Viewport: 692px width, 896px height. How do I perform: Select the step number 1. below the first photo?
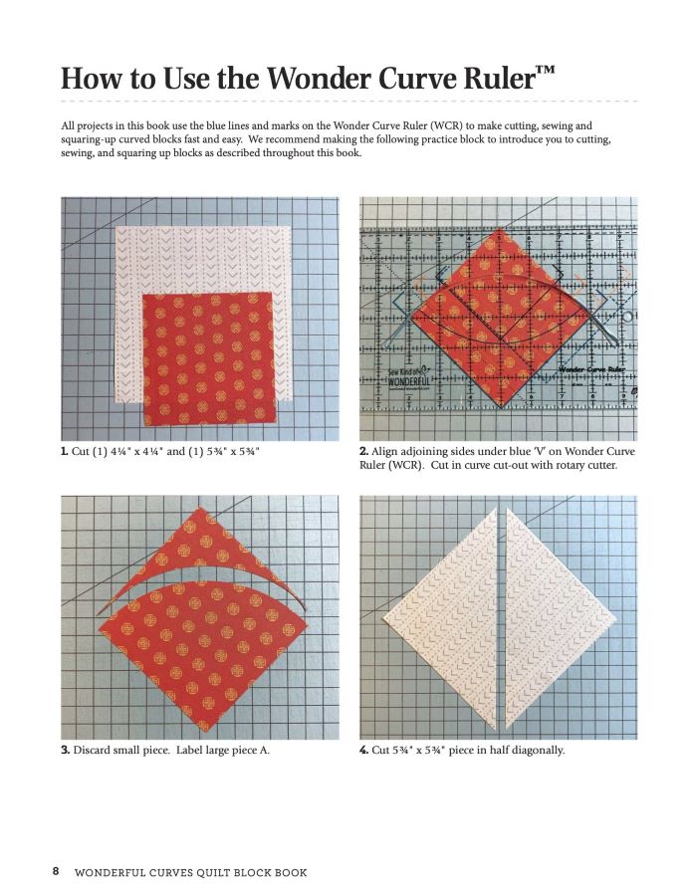coord(65,452)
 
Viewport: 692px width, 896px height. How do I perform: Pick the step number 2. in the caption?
coord(364,452)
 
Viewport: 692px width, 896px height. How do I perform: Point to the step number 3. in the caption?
coord(65,750)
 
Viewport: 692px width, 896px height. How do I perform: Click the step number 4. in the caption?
coord(364,750)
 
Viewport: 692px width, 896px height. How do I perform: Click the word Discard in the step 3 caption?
coord(96,750)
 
